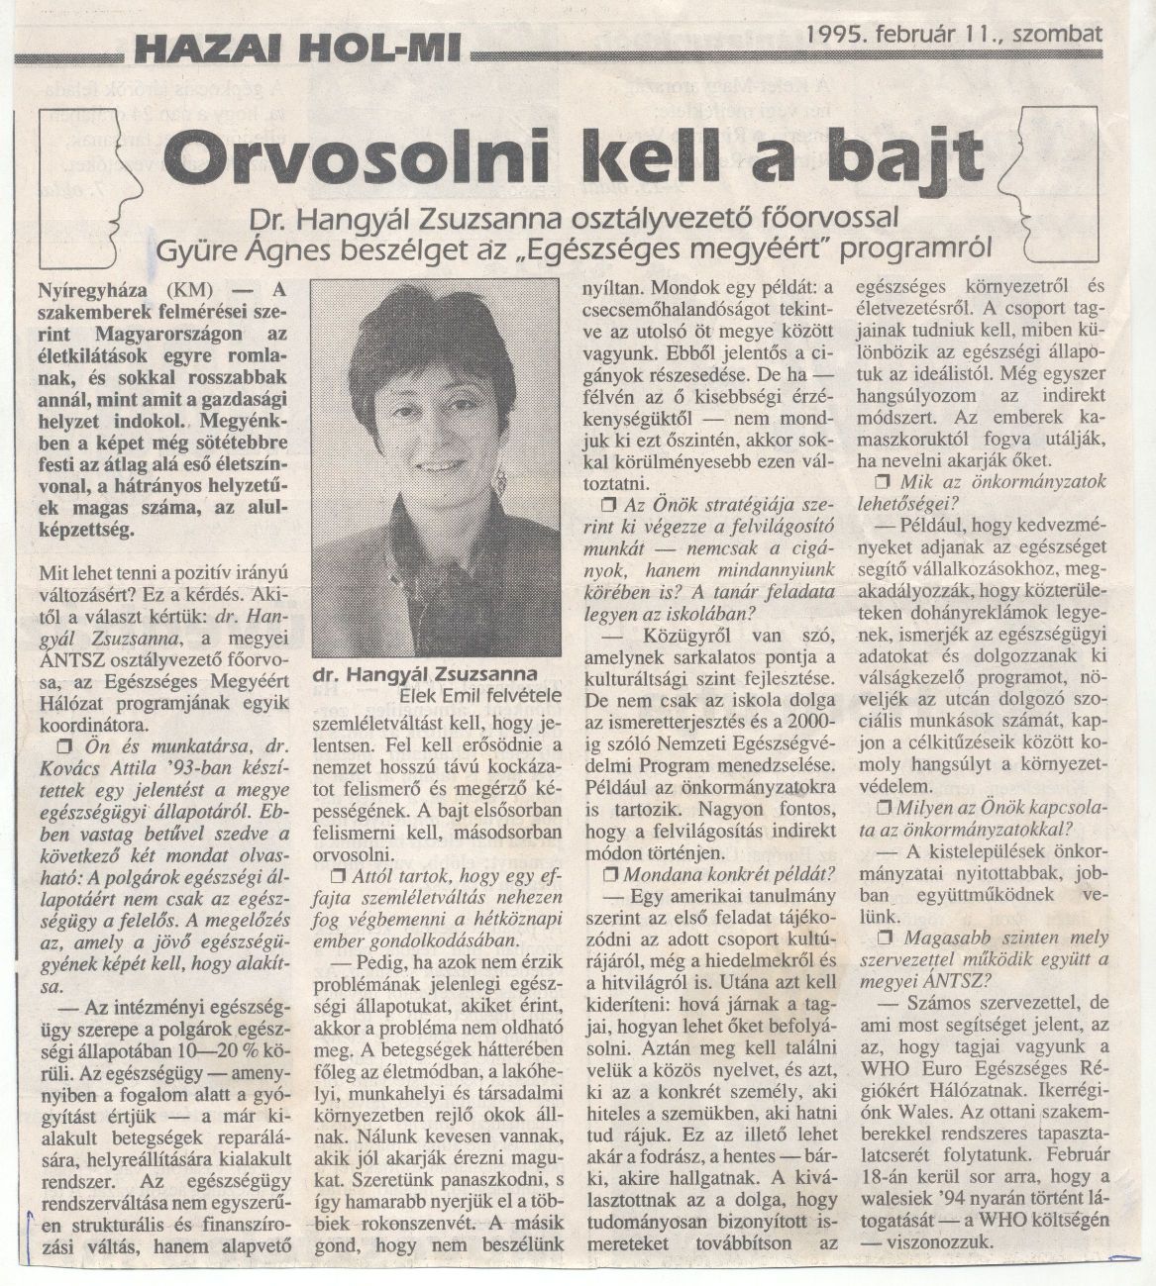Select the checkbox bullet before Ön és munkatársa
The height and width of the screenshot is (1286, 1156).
64,745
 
